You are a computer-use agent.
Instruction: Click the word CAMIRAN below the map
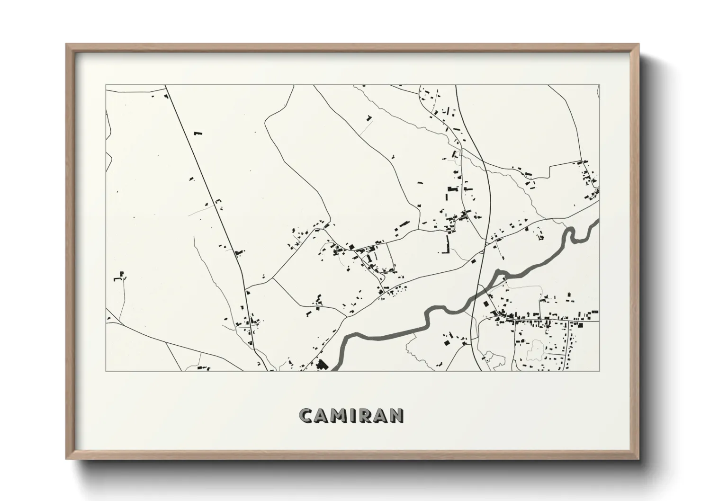click(x=351, y=415)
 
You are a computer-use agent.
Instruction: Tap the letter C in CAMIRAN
click(x=306, y=415)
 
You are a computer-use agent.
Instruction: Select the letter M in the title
click(x=340, y=415)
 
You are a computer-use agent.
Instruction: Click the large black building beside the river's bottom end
click(x=322, y=364)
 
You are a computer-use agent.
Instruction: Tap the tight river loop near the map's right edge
click(x=572, y=234)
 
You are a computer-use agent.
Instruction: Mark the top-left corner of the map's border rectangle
click(x=106, y=85)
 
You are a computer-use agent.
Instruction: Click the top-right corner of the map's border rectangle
click(x=600, y=85)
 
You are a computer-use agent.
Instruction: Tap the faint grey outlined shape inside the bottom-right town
click(x=536, y=348)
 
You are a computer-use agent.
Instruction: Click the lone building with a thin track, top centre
click(x=369, y=117)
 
